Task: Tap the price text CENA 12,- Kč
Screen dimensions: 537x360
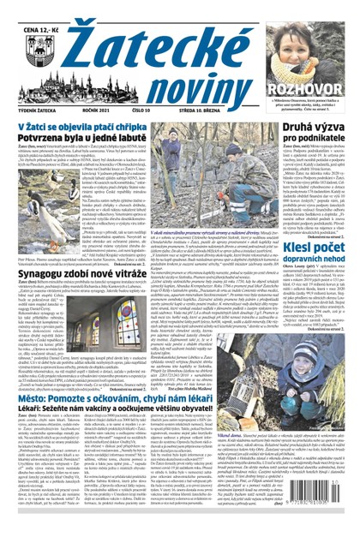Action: click(x=39, y=32)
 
